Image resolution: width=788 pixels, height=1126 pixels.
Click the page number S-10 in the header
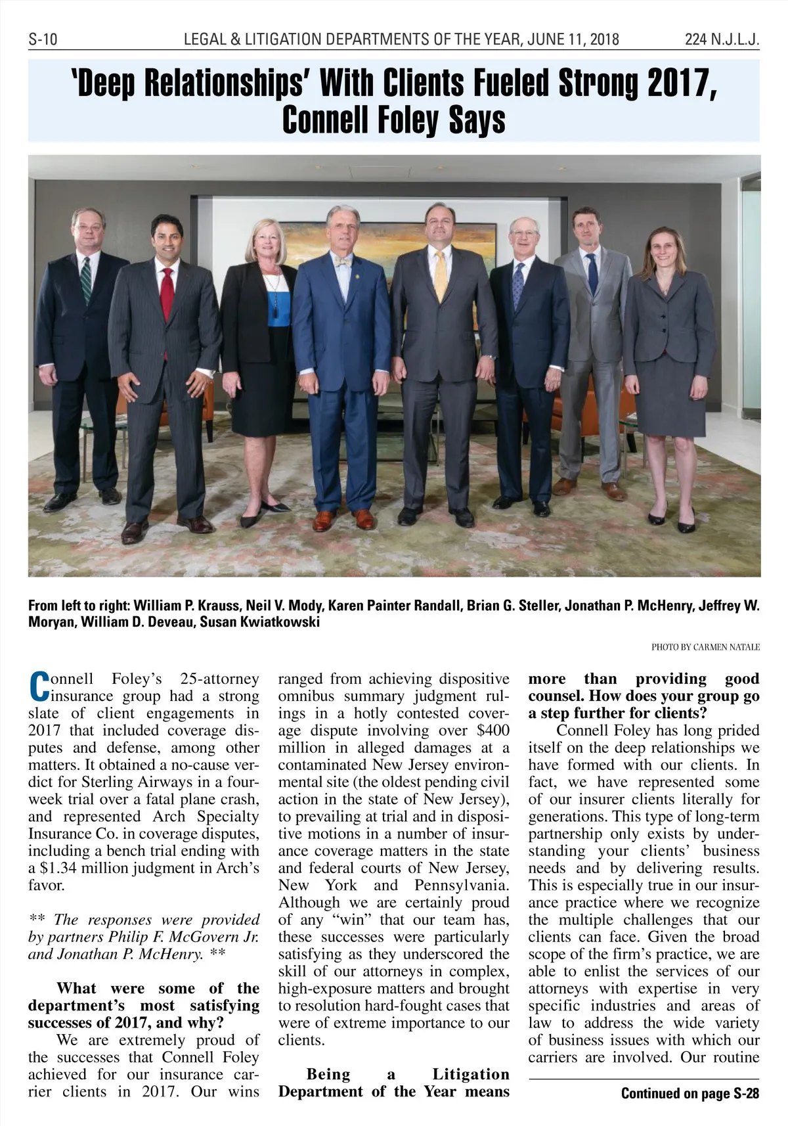(x=43, y=40)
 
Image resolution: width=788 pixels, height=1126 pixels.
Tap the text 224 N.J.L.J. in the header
(x=722, y=40)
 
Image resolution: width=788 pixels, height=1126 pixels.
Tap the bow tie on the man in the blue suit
(x=343, y=261)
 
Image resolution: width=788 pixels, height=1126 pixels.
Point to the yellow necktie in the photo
(x=441, y=273)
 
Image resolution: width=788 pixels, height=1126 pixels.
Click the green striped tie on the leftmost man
(x=86, y=280)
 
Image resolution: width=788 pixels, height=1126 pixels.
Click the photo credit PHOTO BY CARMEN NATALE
(x=705, y=647)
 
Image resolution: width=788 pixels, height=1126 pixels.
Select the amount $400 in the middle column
(x=492, y=731)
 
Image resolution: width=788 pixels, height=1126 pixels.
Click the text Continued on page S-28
(x=689, y=1093)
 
